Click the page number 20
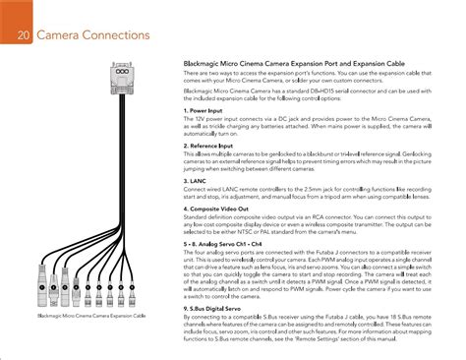tap(22, 38)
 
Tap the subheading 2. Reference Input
tap(214, 146)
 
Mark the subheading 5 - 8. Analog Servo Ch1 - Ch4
tap(235, 240)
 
